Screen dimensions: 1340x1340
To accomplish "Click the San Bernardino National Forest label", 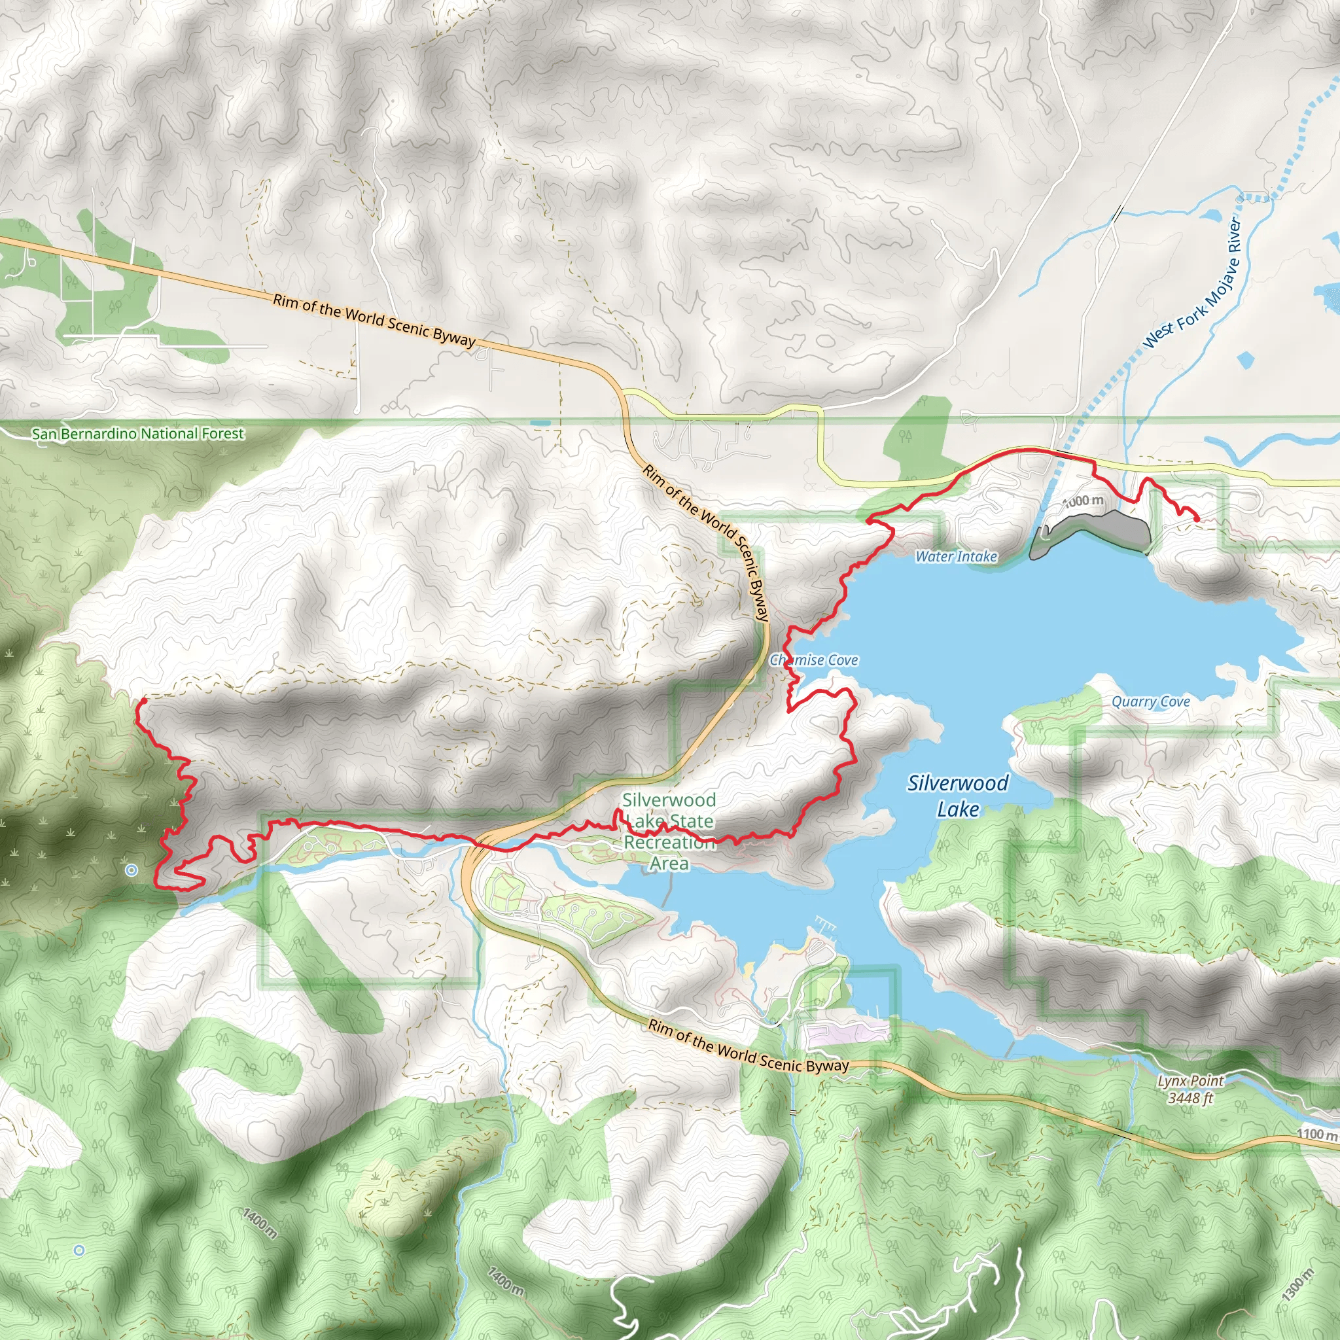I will pos(138,434).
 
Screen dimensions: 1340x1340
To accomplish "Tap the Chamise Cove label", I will pos(814,660).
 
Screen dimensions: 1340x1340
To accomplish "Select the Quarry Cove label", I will pos(1151,702).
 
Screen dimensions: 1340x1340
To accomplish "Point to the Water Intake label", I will pos(956,556).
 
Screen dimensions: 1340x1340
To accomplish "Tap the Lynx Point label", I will pos(1190,1082).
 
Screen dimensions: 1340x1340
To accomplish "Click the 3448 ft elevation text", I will pos(1190,1098).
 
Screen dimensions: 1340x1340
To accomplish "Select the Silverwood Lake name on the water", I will pos(958,796).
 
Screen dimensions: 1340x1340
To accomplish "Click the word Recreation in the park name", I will pos(669,843).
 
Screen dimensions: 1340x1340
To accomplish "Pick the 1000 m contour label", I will pos(1084,501).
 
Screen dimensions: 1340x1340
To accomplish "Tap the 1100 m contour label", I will pos(1316,1135).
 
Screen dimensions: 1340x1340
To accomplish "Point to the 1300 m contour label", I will pos(1297,1284).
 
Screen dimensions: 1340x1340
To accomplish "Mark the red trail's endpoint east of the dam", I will pos(1197,519).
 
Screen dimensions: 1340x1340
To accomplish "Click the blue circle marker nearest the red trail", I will pos(132,870).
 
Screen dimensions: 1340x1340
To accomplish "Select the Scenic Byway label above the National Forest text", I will pos(374,321).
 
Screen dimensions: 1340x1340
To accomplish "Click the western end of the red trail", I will pos(141,703).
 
